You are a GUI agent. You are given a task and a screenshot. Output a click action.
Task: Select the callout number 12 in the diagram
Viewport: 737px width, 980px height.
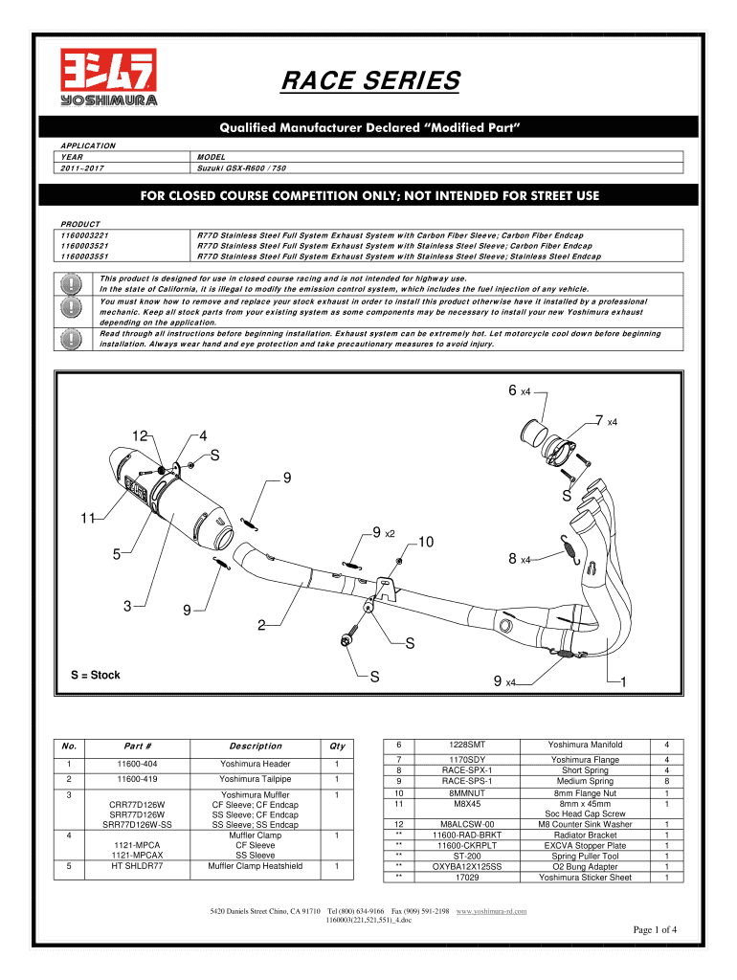pos(140,435)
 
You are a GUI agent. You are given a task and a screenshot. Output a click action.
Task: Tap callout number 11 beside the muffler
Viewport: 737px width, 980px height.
pos(87,519)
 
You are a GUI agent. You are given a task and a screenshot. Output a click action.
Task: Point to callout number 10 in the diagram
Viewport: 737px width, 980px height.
pos(426,543)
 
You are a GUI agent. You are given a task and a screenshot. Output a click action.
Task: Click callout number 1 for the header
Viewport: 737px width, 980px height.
pos(623,681)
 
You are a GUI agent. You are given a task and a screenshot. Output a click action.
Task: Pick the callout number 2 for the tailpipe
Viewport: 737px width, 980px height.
pos(260,625)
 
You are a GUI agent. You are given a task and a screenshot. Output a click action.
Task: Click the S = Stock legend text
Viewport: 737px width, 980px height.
pos(96,675)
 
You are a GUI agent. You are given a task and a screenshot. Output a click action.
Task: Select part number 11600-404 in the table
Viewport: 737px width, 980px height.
pos(138,764)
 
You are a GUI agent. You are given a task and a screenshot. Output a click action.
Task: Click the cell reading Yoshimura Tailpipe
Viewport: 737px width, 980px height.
pos(256,780)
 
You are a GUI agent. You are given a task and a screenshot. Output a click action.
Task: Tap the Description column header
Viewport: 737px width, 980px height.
pos(256,746)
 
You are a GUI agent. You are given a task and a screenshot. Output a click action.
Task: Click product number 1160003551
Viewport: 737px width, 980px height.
pos(84,256)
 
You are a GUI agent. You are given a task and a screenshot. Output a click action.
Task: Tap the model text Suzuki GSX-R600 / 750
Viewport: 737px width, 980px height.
pos(243,167)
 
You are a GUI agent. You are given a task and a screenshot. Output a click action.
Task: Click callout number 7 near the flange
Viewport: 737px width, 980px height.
pos(599,420)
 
